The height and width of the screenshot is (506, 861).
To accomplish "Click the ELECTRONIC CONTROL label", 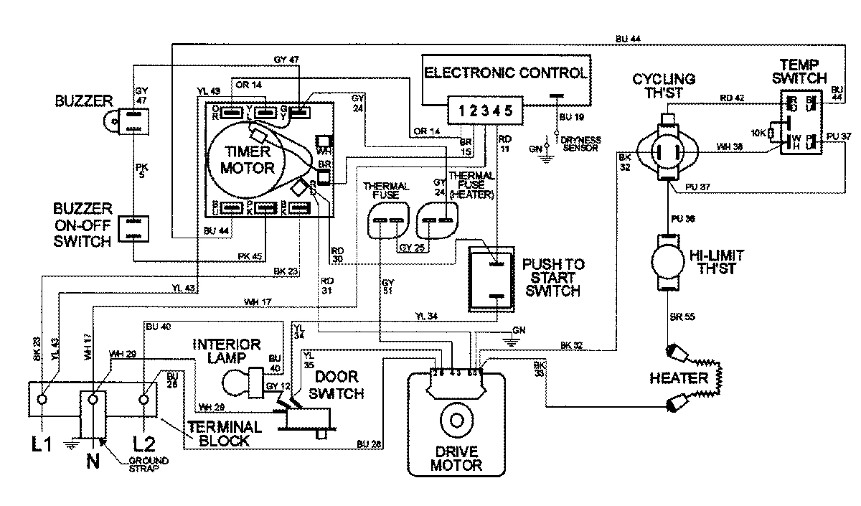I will (507, 72).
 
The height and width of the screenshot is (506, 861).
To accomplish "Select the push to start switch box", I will (492, 279).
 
